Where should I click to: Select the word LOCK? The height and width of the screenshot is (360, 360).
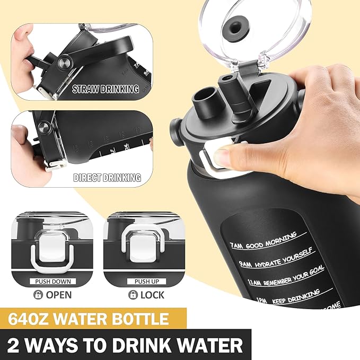152,295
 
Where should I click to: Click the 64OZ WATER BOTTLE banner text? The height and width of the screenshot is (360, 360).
89,320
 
